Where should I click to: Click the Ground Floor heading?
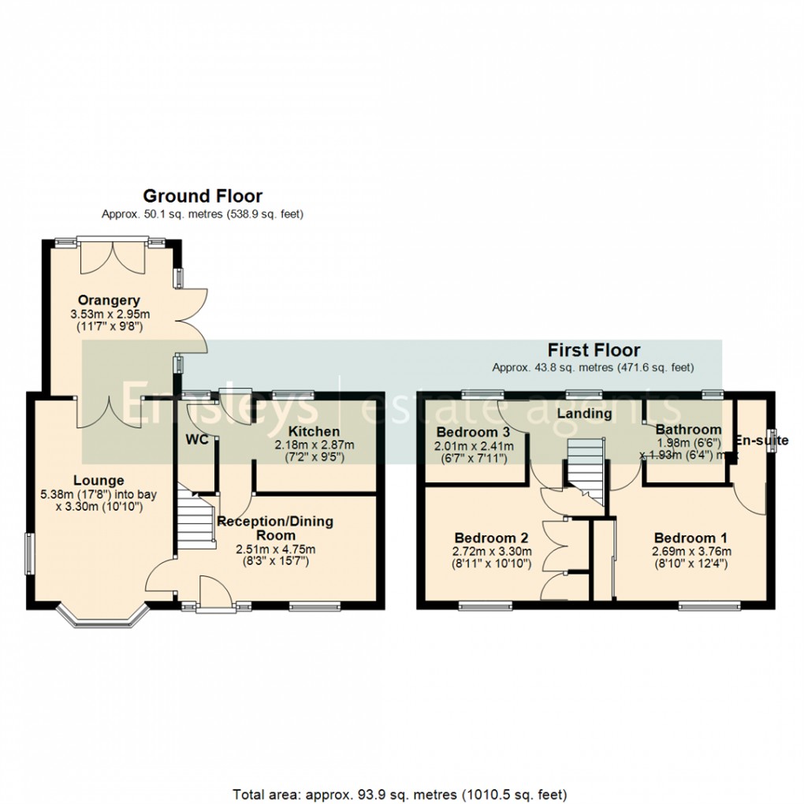point(202,196)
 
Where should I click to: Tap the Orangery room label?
point(109,300)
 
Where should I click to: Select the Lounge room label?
point(99,480)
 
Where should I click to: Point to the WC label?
point(197,439)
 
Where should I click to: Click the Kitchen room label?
point(313,431)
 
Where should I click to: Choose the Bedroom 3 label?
point(473,432)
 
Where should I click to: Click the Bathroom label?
point(688,430)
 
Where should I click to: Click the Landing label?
point(584,414)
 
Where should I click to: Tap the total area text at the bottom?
point(400,792)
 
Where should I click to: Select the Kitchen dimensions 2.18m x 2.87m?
point(314,445)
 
